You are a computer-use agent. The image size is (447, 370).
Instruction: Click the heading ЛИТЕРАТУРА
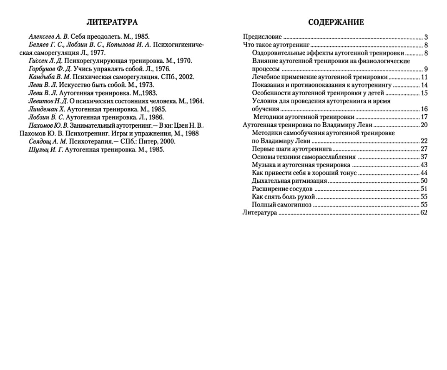pos(112,22)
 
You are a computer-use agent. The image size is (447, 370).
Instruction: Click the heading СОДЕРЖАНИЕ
pos(336,23)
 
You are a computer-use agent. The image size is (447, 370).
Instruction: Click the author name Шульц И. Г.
pos(46,149)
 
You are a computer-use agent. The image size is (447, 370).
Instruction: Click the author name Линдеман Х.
pos(47,109)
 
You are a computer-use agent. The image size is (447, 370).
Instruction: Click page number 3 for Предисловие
pos(426,37)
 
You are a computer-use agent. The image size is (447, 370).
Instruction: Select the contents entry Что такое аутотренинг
pos(276,45)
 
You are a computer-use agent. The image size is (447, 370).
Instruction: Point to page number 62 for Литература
pos(424,213)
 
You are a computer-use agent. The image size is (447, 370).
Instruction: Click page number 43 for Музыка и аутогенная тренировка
pos(424,165)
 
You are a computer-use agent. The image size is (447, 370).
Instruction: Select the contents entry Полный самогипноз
pos(281,205)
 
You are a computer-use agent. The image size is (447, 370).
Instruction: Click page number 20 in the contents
pos(424,125)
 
